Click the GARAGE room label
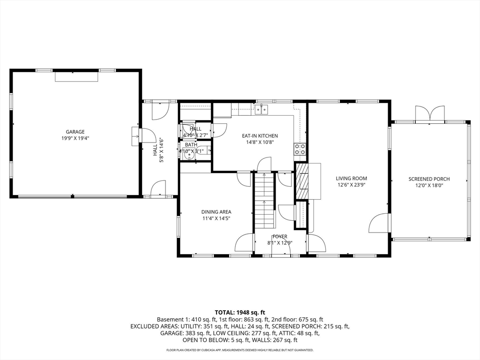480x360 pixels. tap(75, 132)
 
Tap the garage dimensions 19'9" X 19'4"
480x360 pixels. tap(75, 138)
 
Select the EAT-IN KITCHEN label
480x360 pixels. tap(260, 135)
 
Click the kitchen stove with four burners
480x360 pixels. tap(300, 149)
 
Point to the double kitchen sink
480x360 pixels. tap(262, 110)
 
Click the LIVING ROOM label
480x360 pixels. tap(351, 178)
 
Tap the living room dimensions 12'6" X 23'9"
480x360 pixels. tap(351, 185)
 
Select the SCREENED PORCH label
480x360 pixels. tap(429, 179)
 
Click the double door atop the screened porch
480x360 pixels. tap(429, 113)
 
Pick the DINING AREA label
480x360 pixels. tap(216, 212)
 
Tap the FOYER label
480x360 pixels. tap(280, 237)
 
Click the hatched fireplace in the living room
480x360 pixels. tap(301, 180)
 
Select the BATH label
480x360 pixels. tap(191, 145)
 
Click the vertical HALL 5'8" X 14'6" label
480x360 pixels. tap(158, 150)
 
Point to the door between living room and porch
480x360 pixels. tap(380, 223)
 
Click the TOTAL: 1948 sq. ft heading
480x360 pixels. tap(240, 312)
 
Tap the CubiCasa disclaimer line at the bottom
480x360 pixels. tap(240, 350)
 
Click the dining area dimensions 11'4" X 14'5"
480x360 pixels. tap(216, 218)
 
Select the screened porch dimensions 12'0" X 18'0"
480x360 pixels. tap(429, 185)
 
